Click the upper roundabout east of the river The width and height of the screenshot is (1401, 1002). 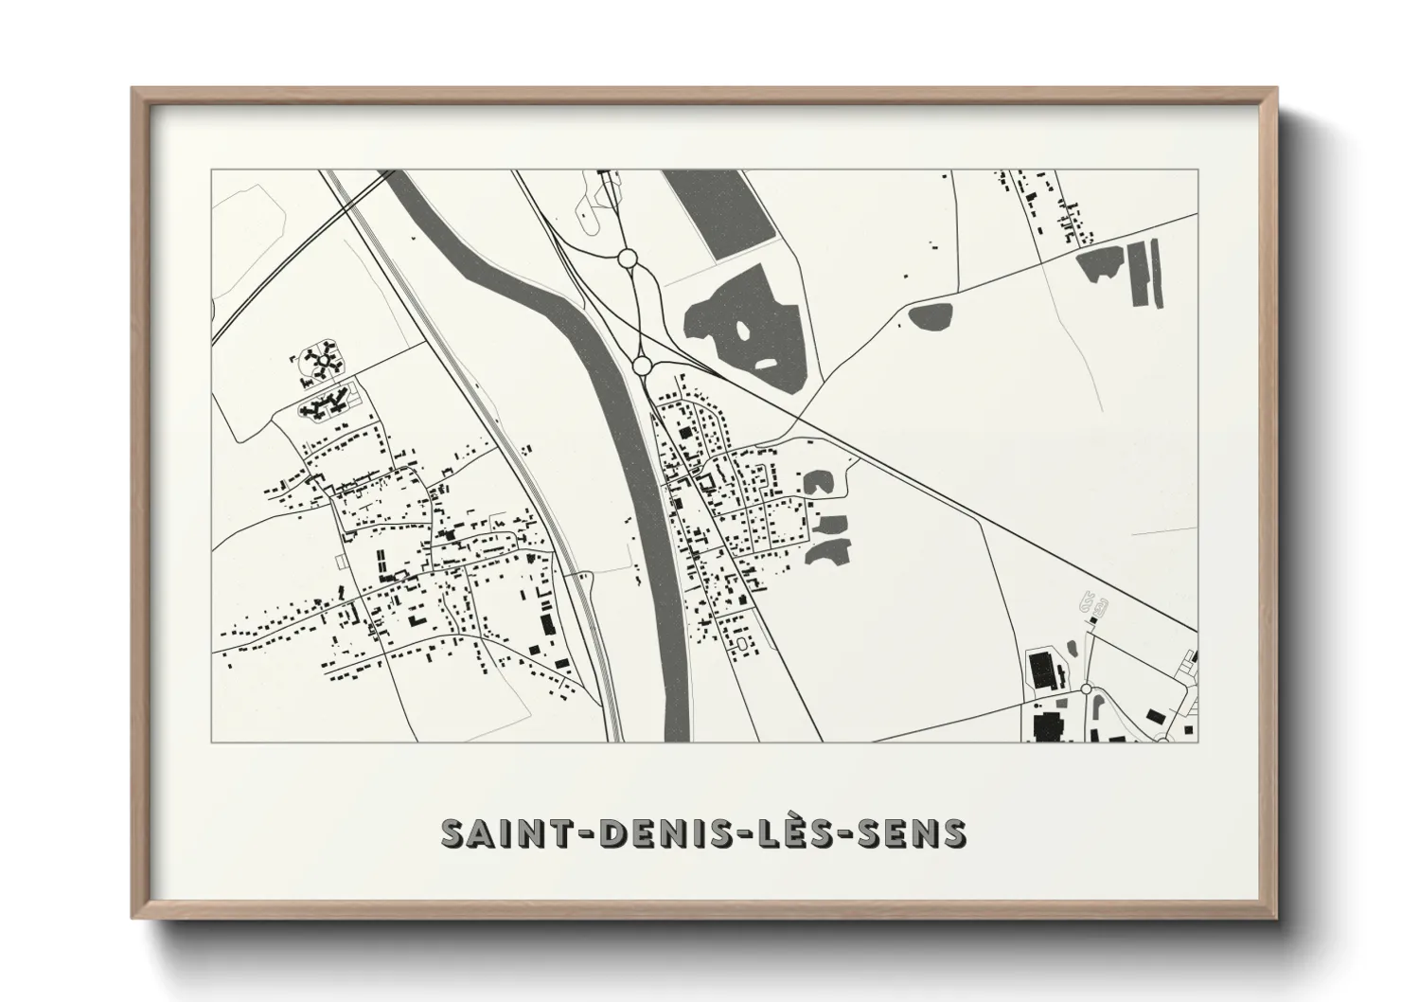[x=626, y=257]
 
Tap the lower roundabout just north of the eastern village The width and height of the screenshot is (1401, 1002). [x=641, y=365]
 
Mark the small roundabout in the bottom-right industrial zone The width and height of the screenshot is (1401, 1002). [x=1085, y=689]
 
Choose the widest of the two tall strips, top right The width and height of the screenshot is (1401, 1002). [x=1139, y=273]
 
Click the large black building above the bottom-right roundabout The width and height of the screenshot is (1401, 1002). [x=1042, y=670]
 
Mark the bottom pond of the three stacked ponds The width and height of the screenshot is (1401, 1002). [x=827, y=550]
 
